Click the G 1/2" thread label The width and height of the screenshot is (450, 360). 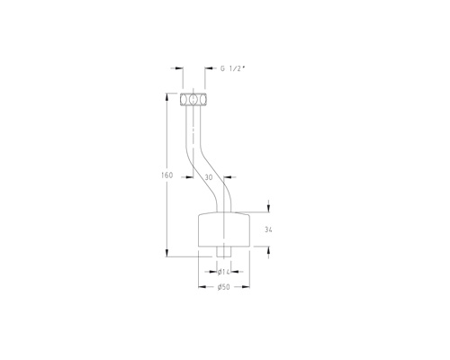coord(233,68)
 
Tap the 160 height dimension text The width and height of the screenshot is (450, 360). coord(167,175)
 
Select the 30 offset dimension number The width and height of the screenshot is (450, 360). coord(209,177)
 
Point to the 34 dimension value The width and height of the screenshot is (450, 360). coord(268,229)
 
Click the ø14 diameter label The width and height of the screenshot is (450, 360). coord(224,272)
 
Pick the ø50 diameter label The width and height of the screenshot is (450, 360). coord(224,287)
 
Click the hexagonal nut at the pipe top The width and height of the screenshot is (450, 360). coord(193,100)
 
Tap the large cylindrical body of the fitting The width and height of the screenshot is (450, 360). coord(224,229)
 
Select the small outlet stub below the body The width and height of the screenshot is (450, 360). coord(224,252)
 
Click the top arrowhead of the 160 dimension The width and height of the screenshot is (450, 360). coord(166,97)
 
